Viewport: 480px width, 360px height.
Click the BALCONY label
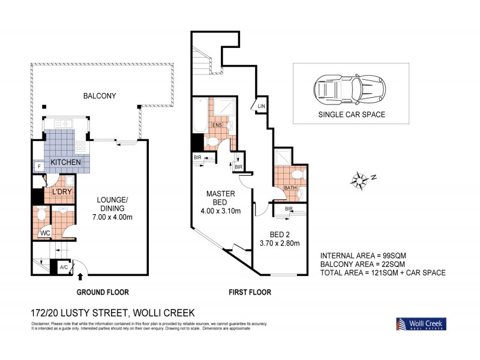(99, 95)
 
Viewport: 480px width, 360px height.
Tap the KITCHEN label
(65, 163)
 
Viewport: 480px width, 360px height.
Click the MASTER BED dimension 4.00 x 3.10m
(220, 211)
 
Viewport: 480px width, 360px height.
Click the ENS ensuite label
(217, 125)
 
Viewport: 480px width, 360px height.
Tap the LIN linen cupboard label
(261, 106)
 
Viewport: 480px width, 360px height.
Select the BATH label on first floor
(290, 188)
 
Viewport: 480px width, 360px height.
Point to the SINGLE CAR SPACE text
(352, 113)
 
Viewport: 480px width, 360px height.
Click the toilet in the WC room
(41, 214)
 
